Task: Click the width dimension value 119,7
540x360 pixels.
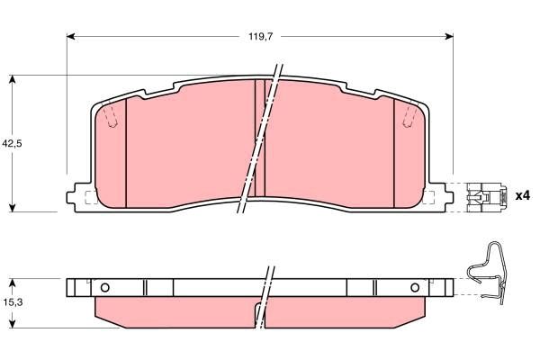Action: (x=260, y=37)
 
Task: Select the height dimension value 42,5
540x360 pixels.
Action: (x=12, y=143)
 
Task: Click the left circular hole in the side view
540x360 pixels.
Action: (x=104, y=288)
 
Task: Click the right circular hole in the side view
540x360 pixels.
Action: (x=415, y=288)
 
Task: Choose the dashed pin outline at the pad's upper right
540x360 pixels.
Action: (x=410, y=117)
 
